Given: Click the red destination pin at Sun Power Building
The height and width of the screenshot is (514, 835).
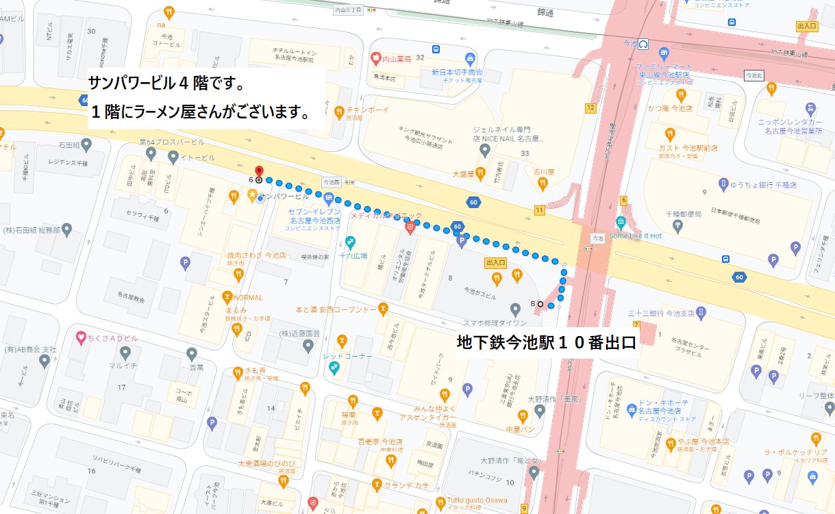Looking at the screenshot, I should tap(259, 172).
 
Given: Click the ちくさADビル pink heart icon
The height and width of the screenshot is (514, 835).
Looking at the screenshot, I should tap(81, 337).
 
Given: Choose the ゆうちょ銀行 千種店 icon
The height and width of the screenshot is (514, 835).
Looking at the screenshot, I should tap(723, 183).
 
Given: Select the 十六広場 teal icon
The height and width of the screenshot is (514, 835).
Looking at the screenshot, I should tap(350, 242).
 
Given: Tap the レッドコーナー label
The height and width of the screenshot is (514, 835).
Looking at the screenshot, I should tap(348, 357).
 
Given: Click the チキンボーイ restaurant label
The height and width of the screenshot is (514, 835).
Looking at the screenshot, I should tap(367, 110).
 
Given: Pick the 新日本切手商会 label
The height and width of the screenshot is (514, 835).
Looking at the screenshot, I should tap(457, 72).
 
